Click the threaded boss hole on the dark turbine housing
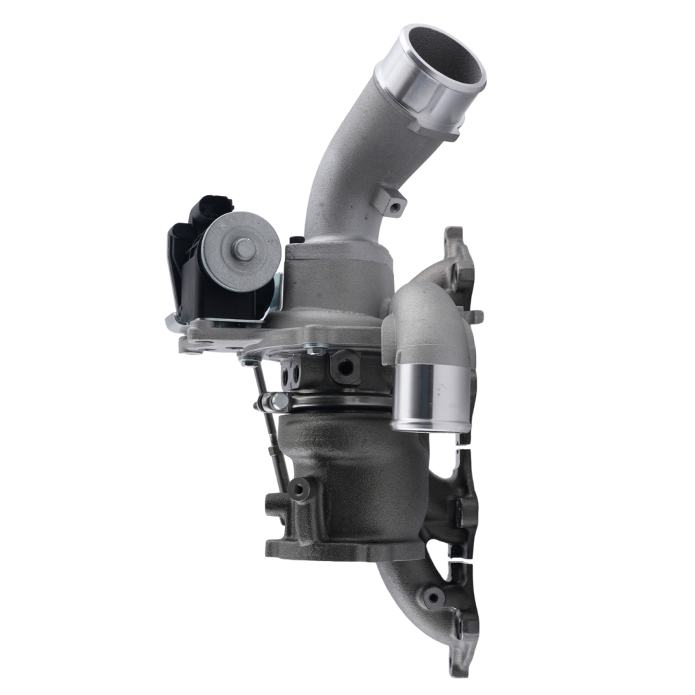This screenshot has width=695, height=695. point(300,489)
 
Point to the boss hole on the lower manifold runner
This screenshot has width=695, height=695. point(434,596)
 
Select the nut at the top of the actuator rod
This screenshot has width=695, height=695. point(248,361)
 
